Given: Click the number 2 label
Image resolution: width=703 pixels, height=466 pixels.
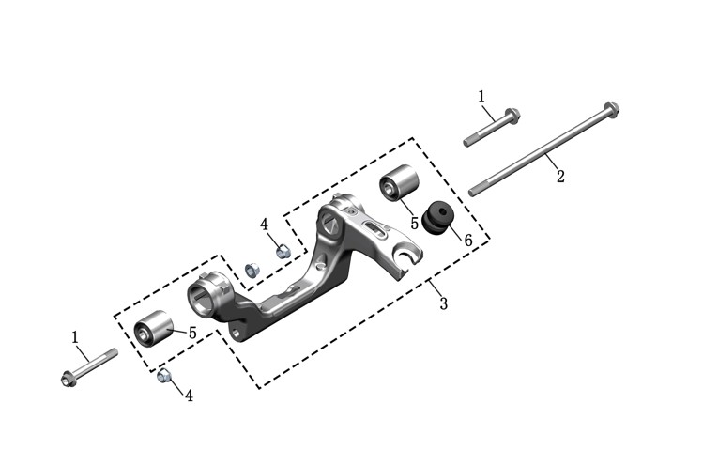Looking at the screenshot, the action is (560, 177).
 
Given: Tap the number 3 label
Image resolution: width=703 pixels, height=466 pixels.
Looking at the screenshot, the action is (443, 303).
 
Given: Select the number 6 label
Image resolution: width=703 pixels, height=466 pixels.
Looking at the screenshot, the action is (468, 241).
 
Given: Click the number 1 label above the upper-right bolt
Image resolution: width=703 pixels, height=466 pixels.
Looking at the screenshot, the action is (481, 97).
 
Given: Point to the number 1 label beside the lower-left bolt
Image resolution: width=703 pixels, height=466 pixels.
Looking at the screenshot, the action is (75, 336).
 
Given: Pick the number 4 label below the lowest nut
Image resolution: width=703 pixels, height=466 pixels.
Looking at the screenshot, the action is (190, 396).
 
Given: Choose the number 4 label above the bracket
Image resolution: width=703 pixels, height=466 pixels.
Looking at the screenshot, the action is (264, 225).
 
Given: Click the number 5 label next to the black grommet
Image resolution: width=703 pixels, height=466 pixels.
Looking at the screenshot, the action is (414, 223).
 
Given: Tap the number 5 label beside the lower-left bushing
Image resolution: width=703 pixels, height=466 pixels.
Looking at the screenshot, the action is (192, 334).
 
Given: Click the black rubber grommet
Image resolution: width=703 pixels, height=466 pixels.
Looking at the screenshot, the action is (436, 218).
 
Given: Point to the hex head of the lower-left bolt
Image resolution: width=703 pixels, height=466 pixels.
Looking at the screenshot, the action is (68, 380).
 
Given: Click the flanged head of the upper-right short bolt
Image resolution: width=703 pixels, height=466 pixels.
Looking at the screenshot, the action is (512, 116).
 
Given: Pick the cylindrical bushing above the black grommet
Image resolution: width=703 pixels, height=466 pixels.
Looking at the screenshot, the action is (399, 183).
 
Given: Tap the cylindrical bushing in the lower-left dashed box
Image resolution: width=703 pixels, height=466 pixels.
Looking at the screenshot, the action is (154, 328).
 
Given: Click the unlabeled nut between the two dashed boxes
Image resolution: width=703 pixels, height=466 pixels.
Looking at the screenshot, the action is (252, 270).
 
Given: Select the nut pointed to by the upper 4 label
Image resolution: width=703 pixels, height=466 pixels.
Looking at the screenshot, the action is (282, 252).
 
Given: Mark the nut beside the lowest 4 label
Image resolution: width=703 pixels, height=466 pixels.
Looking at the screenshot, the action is (163, 375).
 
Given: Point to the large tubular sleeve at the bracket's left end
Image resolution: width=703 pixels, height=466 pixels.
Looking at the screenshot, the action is (208, 294).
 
